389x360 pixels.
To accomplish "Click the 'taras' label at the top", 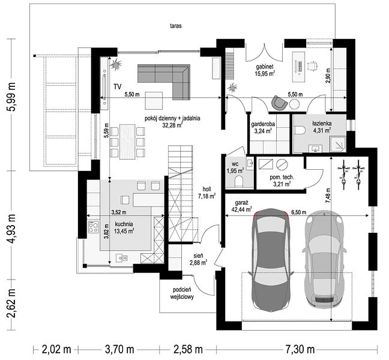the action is (x=176, y=26).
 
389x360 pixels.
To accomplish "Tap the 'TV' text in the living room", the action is (x=117, y=87).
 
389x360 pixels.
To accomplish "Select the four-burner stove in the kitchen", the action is (x=93, y=227).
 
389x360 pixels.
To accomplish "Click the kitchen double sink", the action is (x=121, y=258).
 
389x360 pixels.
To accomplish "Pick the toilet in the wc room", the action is (x=239, y=181).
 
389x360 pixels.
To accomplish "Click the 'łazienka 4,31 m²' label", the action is (x=322, y=127).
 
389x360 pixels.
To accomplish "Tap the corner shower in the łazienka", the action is (x=338, y=144).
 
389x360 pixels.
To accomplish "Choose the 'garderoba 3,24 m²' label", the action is (x=263, y=127).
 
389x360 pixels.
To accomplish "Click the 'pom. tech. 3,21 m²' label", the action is (x=282, y=181).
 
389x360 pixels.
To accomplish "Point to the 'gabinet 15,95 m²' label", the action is (x=265, y=70).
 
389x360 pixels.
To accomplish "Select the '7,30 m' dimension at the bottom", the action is (x=300, y=350).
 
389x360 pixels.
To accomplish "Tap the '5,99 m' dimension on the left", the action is (x=12, y=97).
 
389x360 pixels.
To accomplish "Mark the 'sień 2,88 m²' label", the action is (x=199, y=259).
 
